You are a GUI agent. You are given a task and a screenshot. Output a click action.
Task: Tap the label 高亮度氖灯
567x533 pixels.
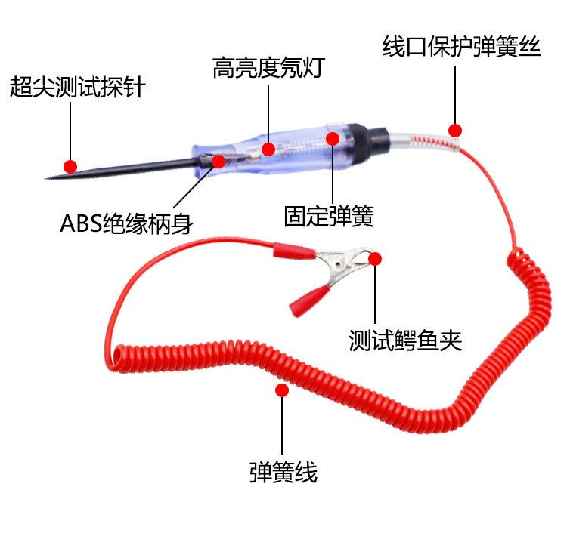[268, 69]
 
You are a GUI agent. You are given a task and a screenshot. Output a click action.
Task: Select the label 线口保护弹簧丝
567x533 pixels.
[461, 48]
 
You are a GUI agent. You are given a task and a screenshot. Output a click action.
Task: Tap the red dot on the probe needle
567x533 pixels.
[70, 166]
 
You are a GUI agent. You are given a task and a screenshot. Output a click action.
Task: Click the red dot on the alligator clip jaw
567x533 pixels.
[375, 258]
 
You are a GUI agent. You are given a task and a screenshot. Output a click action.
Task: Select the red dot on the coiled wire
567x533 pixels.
[282, 390]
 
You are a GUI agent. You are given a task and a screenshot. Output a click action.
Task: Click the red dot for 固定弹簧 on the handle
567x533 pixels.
[333, 138]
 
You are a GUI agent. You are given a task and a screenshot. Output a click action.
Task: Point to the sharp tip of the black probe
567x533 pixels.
[49, 178]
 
